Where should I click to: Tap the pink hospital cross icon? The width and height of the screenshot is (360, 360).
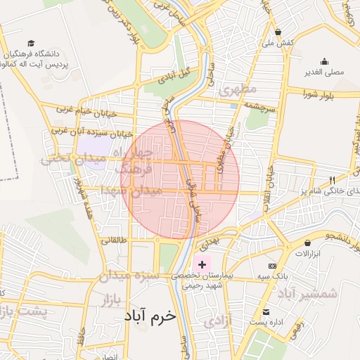click(203, 265)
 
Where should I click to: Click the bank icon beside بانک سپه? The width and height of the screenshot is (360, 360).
click(272, 266)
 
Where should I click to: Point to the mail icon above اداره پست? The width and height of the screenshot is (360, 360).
click(266, 312)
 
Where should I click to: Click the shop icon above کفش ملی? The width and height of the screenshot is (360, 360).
click(279, 32)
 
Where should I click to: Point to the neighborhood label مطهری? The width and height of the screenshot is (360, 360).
click(238, 90)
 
